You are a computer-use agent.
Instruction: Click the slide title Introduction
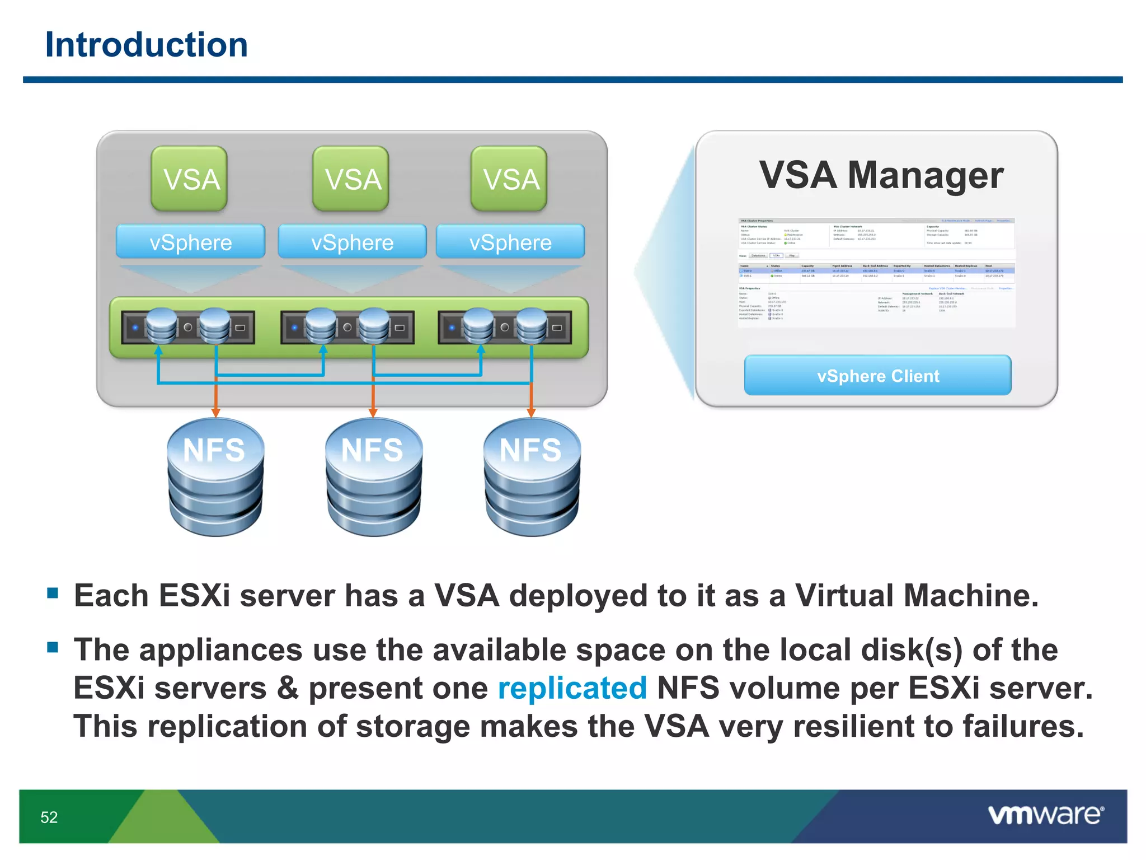click(x=146, y=45)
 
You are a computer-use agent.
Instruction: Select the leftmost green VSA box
click(x=189, y=179)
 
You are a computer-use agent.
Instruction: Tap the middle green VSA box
click(x=351, y=179)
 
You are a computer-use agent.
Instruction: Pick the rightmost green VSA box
click(x=509, y=179)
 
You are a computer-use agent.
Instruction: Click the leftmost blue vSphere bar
click(x=190, y=242)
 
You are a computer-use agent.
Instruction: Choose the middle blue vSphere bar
click(x=352, y=242)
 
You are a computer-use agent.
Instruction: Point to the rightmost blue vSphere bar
click(x=510, y=242)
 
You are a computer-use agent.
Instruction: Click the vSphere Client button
click(x=877, y=376)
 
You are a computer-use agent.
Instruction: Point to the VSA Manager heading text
click(x=881, y=175)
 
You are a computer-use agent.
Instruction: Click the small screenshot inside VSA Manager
click(x=876, y=273)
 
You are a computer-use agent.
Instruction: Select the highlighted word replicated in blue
click(x=572, y=688)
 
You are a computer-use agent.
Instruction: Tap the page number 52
click(x=49, y=817)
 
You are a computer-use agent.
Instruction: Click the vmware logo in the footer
click(x=1046, y=815)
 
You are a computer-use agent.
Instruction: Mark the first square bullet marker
click(x=53, y=593)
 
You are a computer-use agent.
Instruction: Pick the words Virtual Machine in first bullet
click(x=917, y=595)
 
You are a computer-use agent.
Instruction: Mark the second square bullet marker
click(x=53, y=648)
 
